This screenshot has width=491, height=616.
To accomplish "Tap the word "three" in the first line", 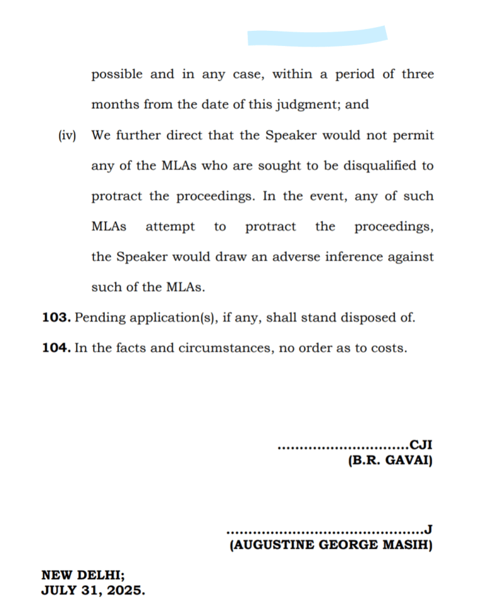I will tap(417, 74).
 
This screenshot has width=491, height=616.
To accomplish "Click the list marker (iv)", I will tap(67, 136).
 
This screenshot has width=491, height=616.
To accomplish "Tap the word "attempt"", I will tap(170, 227).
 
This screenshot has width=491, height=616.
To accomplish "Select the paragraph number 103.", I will tap(56, 317).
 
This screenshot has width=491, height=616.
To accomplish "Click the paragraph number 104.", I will tap(56, 348).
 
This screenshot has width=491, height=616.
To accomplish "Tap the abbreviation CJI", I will tap(421, 447).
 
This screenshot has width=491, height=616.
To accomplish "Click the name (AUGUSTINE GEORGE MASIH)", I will tap(332, 545).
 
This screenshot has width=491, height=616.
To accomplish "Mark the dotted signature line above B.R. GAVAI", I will tap(342, 448).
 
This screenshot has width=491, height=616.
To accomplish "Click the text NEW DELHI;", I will tap(83, 575).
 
